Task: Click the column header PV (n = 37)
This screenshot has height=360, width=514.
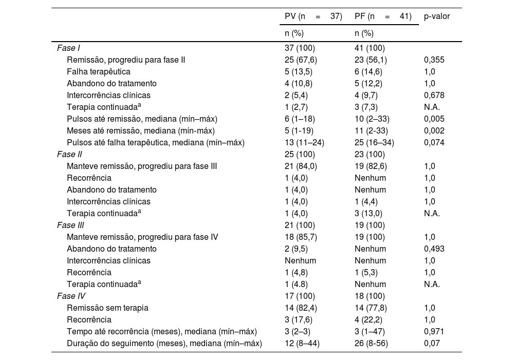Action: coord(313,16)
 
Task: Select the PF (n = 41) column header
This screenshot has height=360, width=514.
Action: coord(383,16)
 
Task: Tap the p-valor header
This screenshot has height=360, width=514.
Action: coord(436,16)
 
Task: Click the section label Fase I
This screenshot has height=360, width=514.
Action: coord(68,48)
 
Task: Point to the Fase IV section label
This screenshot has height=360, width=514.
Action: coord(71,296)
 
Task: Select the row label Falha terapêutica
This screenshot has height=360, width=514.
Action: coord(98,72)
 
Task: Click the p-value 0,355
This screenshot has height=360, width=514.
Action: coord(434,60)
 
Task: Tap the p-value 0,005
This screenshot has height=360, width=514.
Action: coord(434,119)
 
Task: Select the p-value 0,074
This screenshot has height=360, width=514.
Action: coord(434,143)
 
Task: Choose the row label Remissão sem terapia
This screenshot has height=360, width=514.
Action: coord(107,308)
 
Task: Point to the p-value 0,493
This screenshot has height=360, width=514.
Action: coord(434,249)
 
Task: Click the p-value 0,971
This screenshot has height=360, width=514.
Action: coord(434,332)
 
